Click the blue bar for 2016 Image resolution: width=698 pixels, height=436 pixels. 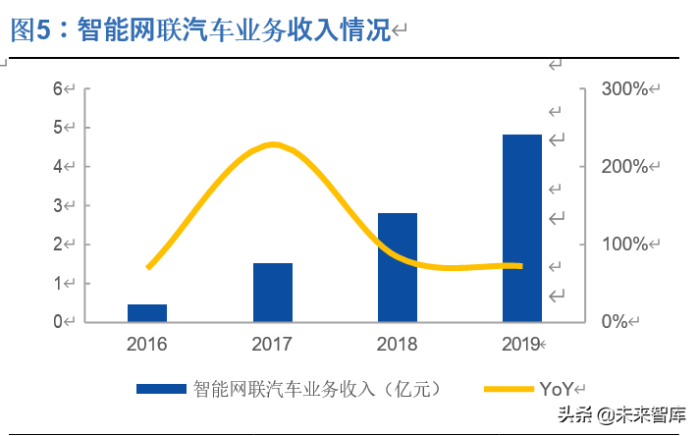(147, 313)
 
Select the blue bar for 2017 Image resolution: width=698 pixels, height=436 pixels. (272, 293)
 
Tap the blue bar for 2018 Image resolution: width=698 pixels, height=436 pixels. (398, 267)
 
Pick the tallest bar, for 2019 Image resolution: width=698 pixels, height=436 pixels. (522, 228)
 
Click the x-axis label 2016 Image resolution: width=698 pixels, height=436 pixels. (147, 344)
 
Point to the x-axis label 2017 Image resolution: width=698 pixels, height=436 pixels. (272, 344)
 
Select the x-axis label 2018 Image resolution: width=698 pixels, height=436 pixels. (398, 344)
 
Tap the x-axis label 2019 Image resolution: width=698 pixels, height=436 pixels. (520, 344)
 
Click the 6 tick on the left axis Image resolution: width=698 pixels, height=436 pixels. (59, 89)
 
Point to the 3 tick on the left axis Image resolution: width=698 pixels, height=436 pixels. (59, 205)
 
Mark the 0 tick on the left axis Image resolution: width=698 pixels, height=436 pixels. (59, 321)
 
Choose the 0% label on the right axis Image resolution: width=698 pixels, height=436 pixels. (616, 321)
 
